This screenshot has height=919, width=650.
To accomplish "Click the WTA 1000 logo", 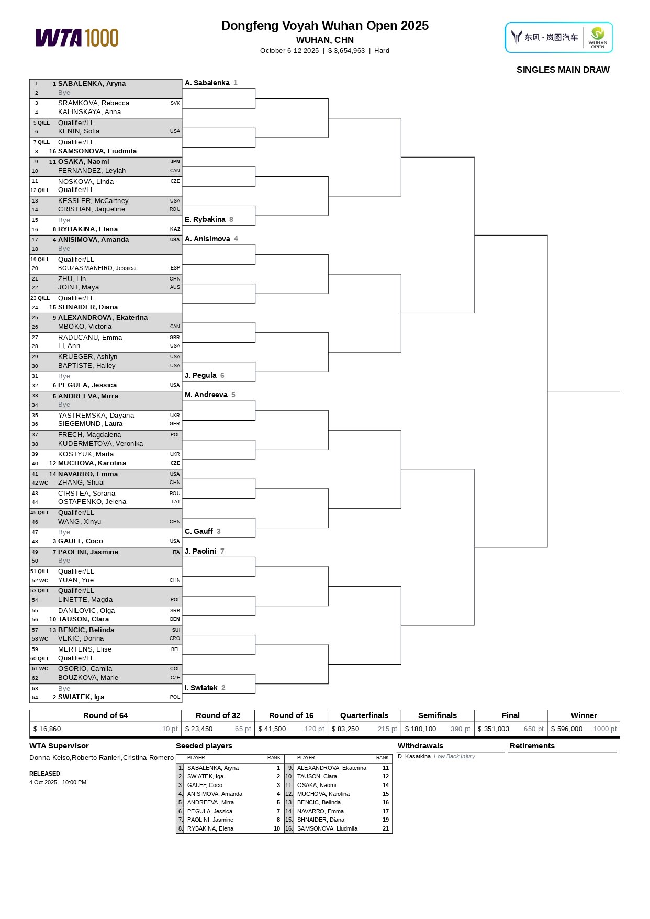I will (x=77, y=38).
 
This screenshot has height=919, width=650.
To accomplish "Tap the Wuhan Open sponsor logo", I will (x=558, y=37).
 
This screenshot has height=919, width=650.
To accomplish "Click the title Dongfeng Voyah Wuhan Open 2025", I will (x=324, y=26).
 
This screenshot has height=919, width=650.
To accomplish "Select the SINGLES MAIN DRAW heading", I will (x=563, y=70).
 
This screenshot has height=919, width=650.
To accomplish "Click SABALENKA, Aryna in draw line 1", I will (x=92, y=84).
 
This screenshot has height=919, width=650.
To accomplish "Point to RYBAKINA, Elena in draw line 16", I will (x=87, y=229).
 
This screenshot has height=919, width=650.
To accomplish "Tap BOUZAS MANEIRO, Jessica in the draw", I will (x=97, y=268).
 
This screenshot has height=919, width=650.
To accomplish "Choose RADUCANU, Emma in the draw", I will (x=90, y=338).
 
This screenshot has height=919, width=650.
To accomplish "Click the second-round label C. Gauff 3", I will (x=203, y=531).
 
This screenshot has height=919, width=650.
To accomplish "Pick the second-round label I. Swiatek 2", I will (x=205, y=688).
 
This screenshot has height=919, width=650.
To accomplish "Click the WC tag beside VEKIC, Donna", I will (x=43, y=638).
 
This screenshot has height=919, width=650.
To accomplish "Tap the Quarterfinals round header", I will (x=364, y=715).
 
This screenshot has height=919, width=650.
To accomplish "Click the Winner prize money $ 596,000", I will (x=566, y=729).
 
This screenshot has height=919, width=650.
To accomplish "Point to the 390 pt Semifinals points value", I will (x=460, y=729).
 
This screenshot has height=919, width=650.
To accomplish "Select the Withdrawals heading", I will (x=420, y=746).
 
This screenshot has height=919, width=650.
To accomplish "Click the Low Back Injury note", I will (x=454, y=756).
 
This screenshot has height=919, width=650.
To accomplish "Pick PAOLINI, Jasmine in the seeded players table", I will (x=210, y=820).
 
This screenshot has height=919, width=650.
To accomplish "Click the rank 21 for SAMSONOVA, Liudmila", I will (x=386, y=828).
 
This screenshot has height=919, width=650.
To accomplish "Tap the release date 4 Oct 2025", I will (x=43, y=782).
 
